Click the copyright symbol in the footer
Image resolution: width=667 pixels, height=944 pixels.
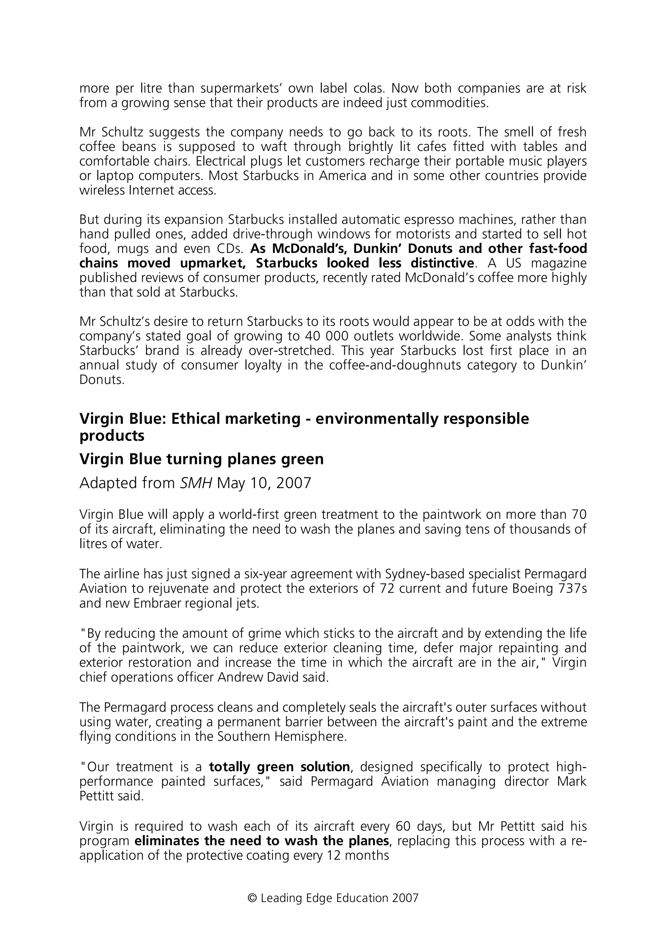coord(252,897)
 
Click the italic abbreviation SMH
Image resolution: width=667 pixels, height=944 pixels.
coord(196,483)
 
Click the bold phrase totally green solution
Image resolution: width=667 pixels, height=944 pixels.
coord(279,767)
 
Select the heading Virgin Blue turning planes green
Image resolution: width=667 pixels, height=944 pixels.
coord(201,459)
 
